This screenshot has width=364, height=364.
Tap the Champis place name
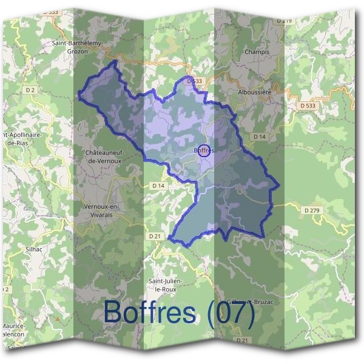coord(256,52)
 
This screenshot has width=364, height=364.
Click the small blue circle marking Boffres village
coord(204,150)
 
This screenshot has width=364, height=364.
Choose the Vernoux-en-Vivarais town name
coord(102,210)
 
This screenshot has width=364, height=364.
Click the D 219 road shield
coord(284,21)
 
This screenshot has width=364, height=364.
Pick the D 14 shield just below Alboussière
coord(260,136)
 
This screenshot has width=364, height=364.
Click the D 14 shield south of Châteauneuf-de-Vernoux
coord(158,185)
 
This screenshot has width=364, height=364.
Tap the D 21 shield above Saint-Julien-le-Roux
coord(154,235)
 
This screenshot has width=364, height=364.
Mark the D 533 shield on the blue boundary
coord(194,81)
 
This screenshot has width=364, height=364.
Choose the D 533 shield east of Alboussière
coord(308,106)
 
